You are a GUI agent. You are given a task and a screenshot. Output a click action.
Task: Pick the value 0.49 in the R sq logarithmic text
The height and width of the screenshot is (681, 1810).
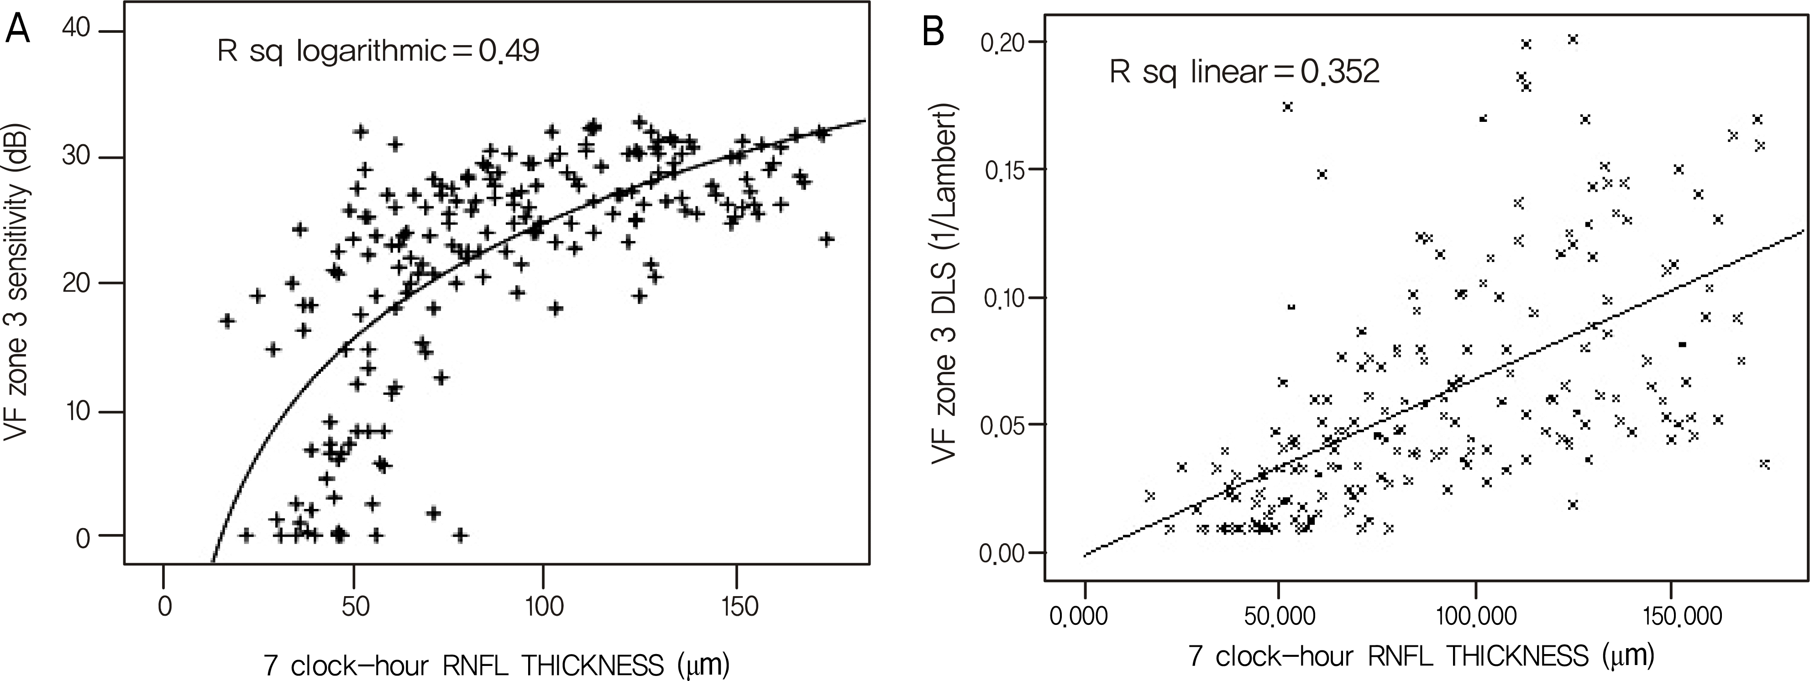(x=509, y=51)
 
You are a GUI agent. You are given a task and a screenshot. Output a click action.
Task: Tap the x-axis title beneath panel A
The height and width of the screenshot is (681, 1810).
(x=497, y=664)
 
